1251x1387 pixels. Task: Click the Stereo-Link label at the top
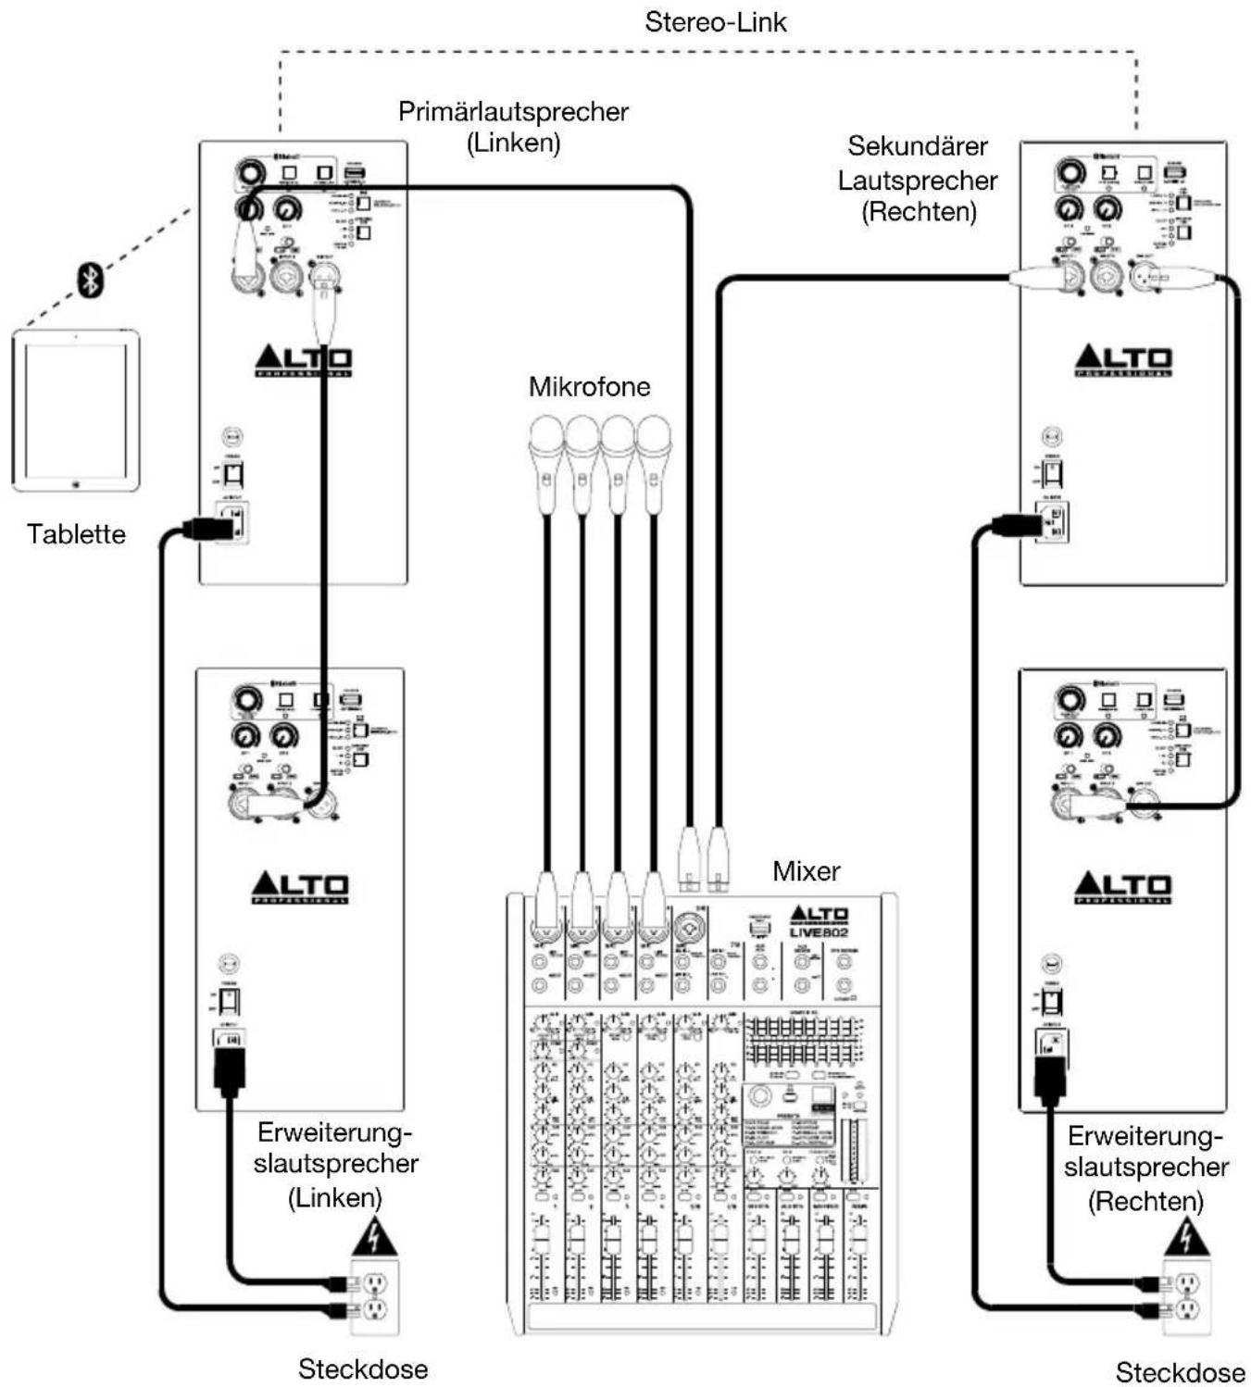[715, 22]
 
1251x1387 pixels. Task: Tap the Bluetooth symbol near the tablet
[89, 279]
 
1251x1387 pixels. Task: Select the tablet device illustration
[76, 409]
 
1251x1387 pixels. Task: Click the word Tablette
[76, 534]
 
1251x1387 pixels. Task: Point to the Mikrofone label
[589, 386]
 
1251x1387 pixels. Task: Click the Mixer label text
[806, 871]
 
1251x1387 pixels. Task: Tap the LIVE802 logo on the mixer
[819, 931]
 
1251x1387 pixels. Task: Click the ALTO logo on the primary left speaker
[303, 360]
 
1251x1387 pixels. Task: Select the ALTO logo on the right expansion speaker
[1122, 887]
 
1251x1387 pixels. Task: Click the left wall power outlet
[374, 1296]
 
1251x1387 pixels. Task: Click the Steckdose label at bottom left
[362, 1368]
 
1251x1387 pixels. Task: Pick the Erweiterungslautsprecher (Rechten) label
[1145, 1168]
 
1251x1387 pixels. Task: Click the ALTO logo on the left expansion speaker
[300, 887]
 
